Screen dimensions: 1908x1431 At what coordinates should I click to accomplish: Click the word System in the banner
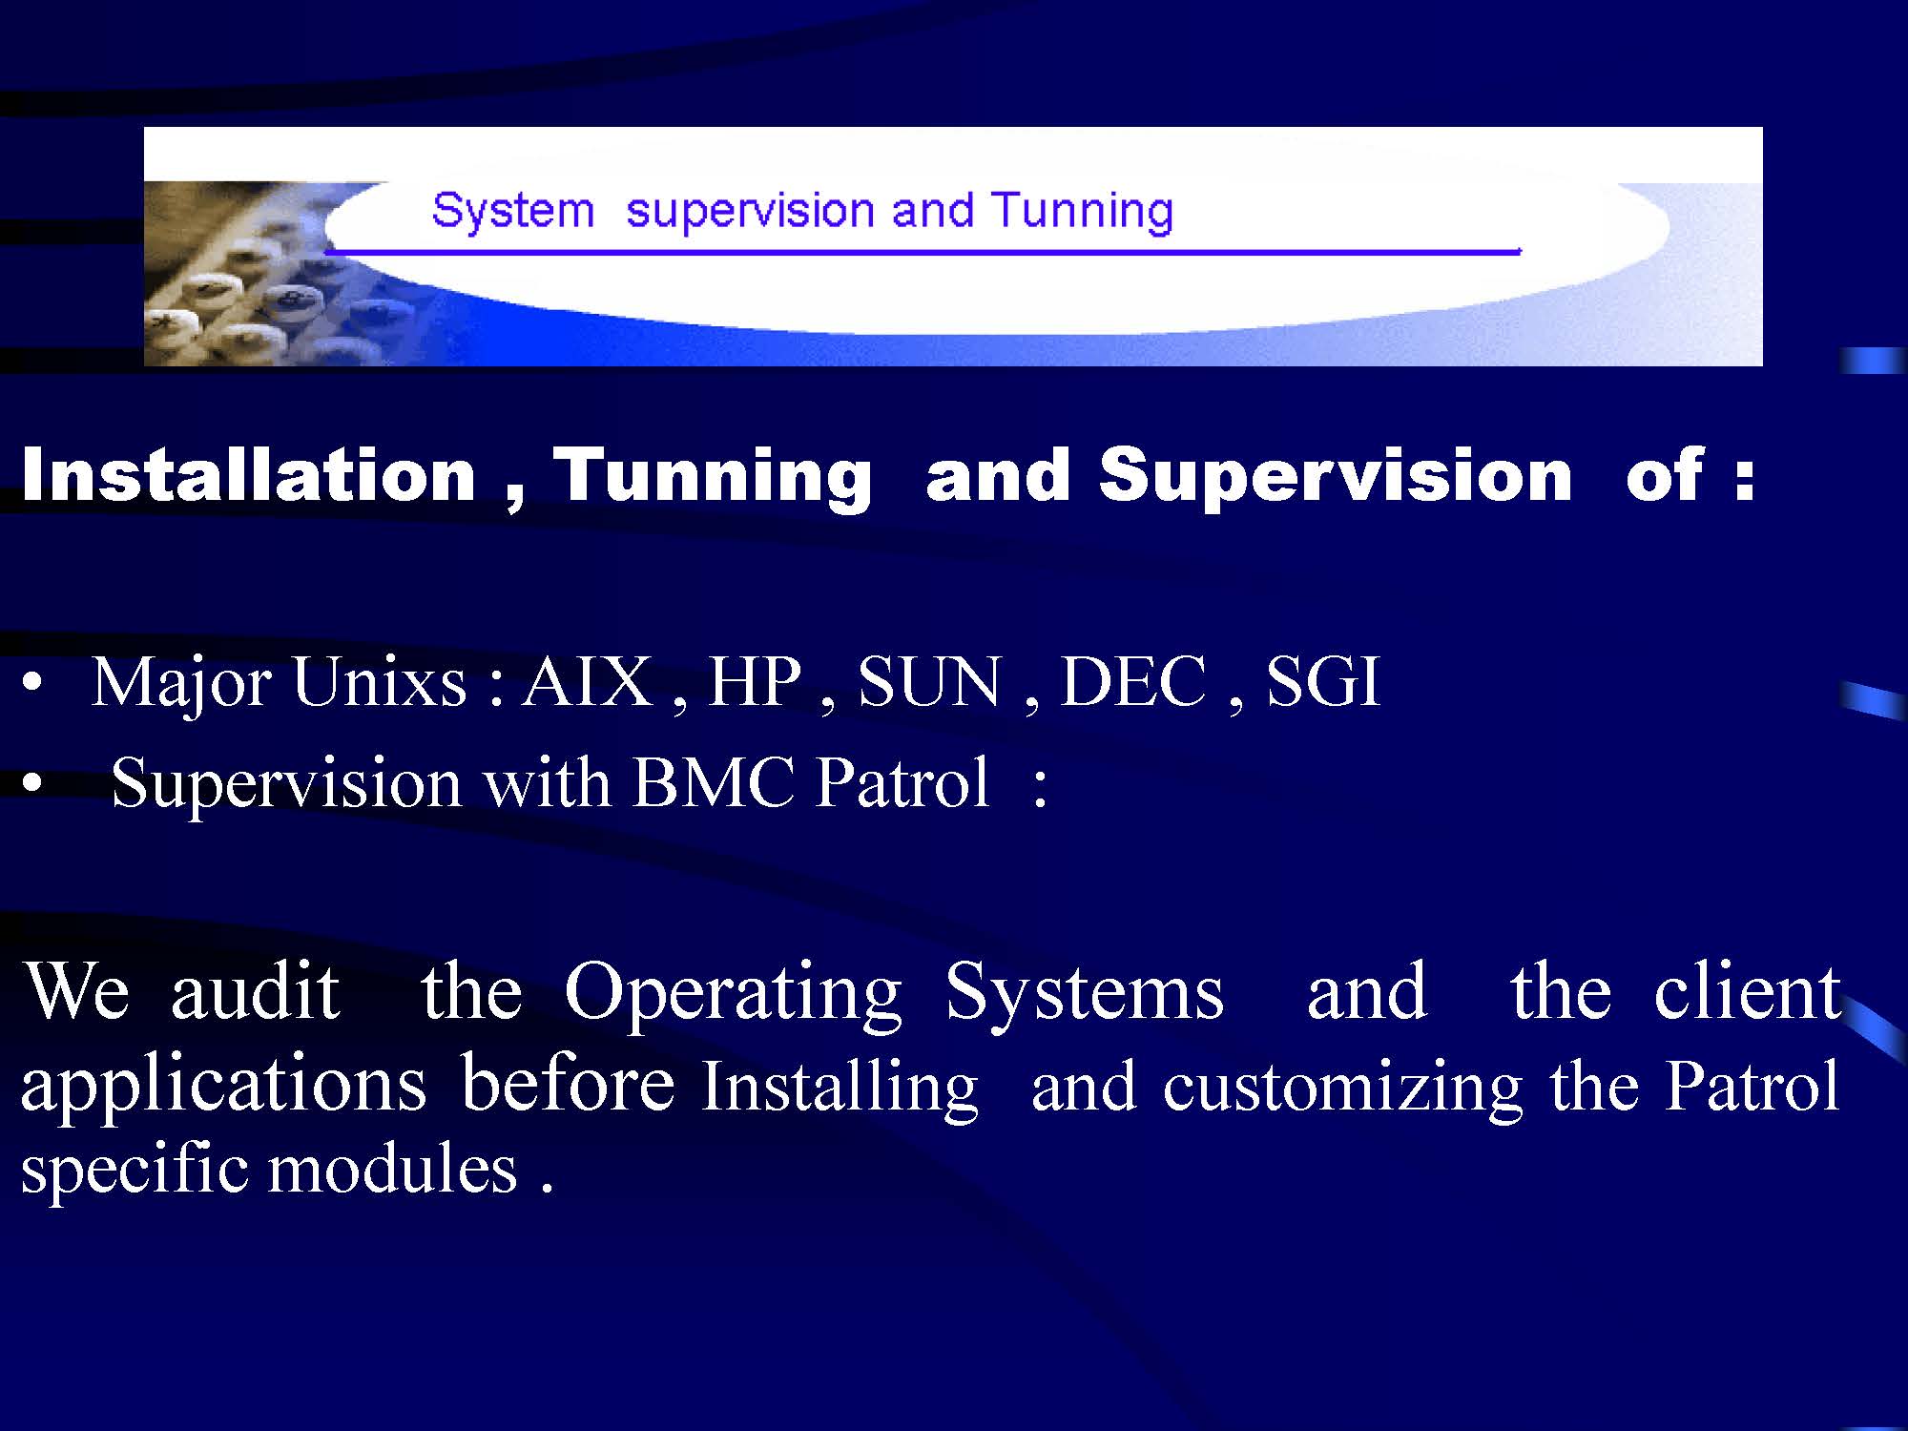click(x=512, y=211)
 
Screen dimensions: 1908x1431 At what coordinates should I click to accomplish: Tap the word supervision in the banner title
click(x=750, y=211)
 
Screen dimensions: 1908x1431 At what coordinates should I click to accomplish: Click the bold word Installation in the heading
click(x=248, y=474)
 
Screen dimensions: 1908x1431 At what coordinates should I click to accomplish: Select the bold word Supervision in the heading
click(x=1335, y=474)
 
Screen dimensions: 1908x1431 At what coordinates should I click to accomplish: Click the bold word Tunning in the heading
click(x=713, y=476)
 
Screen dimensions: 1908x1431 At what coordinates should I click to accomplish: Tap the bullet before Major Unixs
click(x=32, y=685)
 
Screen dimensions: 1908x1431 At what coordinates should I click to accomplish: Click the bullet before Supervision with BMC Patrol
click(x=32, y=786)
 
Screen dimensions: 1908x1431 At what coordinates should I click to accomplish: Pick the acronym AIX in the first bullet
click(x=587, y=681)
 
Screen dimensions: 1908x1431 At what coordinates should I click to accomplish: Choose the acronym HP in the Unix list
click(x=754, y=681)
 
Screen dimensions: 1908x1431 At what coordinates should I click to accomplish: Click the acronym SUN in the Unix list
click(x=930, y=682)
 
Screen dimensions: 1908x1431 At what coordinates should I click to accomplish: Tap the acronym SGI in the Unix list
click(x=1322, y=682)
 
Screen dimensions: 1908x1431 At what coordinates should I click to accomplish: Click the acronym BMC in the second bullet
click(x=713, y=783)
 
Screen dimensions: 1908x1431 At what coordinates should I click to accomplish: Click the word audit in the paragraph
click(x=255, y=991)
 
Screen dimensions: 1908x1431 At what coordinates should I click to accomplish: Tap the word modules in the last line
click(x=392, y=1169)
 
